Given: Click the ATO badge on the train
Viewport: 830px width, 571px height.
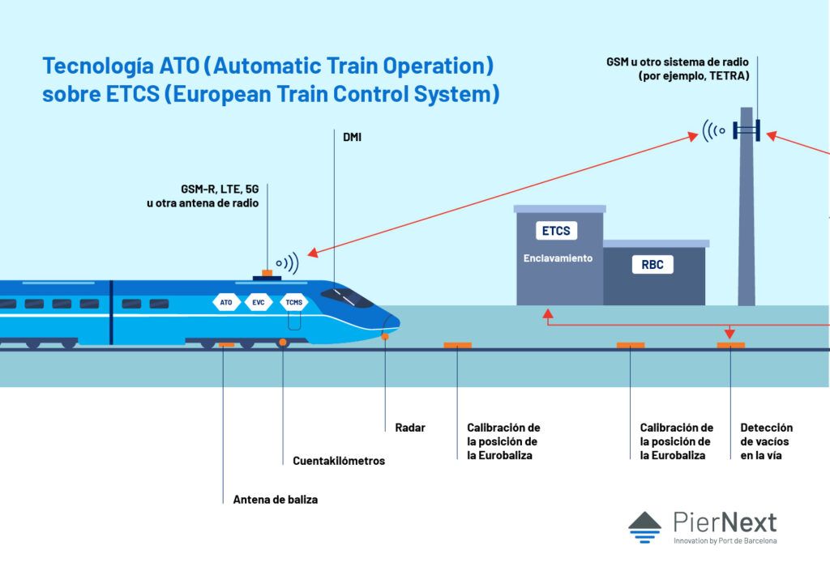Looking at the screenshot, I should (x=225, y=303).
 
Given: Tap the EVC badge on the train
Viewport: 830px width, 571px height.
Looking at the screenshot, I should (x=258, y=303).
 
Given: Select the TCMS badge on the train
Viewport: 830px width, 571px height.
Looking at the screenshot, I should (x=292, y=303).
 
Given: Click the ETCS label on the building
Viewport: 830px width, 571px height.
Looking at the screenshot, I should (x=555, y=231).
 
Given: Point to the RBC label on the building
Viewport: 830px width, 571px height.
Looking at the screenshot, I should (x=652, y=265).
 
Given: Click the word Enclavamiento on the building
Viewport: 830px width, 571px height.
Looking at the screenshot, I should (x=558, y=258).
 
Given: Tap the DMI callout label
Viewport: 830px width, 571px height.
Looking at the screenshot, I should (x=352, y=138).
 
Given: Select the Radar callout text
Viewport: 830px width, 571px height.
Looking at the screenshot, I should (x=409, y=428).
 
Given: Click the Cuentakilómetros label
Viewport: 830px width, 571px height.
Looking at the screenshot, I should (x=339, y=461).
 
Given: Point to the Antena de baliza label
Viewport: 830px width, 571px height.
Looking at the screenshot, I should (x=275, y=500).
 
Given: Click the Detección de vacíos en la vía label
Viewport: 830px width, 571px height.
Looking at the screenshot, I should (x=766, y=441).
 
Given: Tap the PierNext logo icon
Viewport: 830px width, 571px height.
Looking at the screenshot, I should (x=644, y=526).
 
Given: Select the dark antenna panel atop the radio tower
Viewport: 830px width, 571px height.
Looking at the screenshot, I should (x=746, y=130).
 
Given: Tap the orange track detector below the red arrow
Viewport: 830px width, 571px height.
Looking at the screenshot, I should (x=730, y=345).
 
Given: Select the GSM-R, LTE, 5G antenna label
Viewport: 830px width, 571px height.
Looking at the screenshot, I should (x=203, y=195).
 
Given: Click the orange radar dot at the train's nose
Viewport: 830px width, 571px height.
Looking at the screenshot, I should (x=385, y=335).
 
